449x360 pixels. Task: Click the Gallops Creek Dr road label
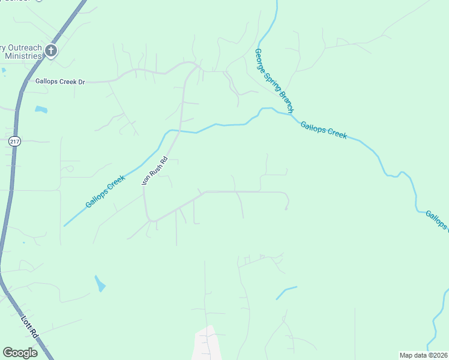61,81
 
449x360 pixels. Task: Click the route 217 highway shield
15,140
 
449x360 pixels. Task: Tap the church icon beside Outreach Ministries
50,51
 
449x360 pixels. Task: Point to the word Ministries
23,56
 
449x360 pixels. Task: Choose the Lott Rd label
31,325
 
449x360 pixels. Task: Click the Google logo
20,353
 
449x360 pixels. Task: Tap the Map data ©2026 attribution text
423,355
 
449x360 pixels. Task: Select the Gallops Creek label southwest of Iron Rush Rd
105,191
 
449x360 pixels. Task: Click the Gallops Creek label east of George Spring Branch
324,130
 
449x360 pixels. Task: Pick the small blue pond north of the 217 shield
41,109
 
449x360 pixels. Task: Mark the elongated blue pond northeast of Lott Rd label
100,283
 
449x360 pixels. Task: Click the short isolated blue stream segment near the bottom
286,292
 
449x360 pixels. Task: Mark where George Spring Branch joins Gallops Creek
291,114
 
